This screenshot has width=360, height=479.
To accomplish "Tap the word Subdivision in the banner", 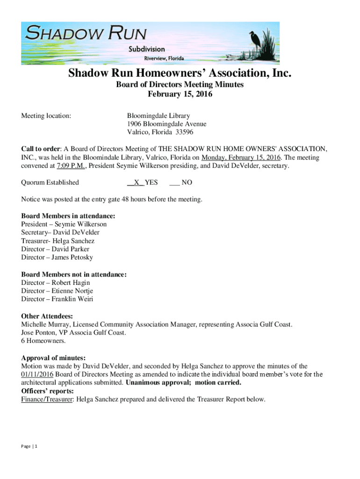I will (147, 49).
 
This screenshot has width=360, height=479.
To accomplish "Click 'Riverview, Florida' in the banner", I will (163, 58).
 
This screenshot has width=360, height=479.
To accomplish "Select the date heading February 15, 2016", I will (180, 94).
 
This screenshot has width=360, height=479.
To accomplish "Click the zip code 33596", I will (184, 132).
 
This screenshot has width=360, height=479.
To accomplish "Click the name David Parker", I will (70, 249).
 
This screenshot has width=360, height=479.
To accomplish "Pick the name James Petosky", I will (72, 258).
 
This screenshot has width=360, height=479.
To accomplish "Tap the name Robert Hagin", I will (71, 283).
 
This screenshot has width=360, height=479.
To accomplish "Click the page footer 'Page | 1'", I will (29, 446).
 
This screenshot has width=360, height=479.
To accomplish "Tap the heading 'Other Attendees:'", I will (47, 316).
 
